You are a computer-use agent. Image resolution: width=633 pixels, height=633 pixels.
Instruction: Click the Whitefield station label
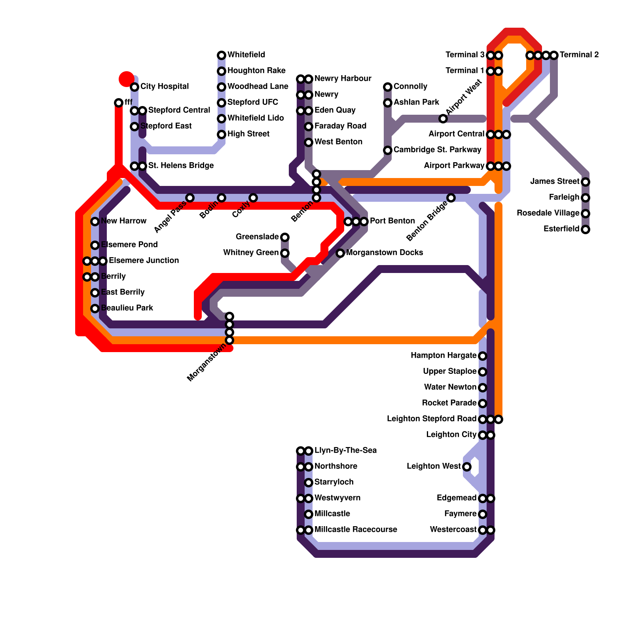point(246,55)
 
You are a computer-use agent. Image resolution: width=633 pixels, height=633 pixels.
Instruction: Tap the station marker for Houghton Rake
point(222,71)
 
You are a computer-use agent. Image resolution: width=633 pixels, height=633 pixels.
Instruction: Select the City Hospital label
point(165,87)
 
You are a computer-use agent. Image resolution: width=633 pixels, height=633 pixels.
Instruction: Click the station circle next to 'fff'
point(119,103)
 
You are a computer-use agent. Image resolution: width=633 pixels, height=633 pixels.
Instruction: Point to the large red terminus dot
point(126,79)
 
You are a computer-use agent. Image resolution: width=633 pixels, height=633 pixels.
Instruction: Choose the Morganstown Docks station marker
point(340,253)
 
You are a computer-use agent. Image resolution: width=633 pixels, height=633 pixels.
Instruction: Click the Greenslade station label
point(257,237)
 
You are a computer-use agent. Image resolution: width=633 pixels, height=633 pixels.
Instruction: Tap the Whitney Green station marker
point(285,253)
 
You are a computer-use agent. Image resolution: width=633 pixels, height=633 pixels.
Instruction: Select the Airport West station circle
point(443,119)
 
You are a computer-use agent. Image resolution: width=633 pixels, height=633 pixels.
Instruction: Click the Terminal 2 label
point(579,55)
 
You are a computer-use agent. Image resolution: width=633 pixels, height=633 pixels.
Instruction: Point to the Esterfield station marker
point(586,229)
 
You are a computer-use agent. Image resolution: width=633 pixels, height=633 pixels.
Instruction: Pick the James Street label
point(555,182)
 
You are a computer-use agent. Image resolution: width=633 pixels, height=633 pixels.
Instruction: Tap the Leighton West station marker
point(467,467)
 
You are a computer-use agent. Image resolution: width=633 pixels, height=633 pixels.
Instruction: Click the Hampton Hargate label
point(443,356)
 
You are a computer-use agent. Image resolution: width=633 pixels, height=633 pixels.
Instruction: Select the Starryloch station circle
point(309,483)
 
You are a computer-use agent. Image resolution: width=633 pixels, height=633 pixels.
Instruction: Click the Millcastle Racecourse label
point(356,530)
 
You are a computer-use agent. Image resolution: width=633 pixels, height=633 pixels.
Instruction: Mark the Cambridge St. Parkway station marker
point(388,150)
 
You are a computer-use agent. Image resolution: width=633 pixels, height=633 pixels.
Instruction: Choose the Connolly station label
point(411,87)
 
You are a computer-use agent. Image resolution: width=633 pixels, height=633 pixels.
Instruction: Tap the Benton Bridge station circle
point(451,198)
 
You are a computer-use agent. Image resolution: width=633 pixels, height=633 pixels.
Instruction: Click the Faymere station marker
point(483,514)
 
